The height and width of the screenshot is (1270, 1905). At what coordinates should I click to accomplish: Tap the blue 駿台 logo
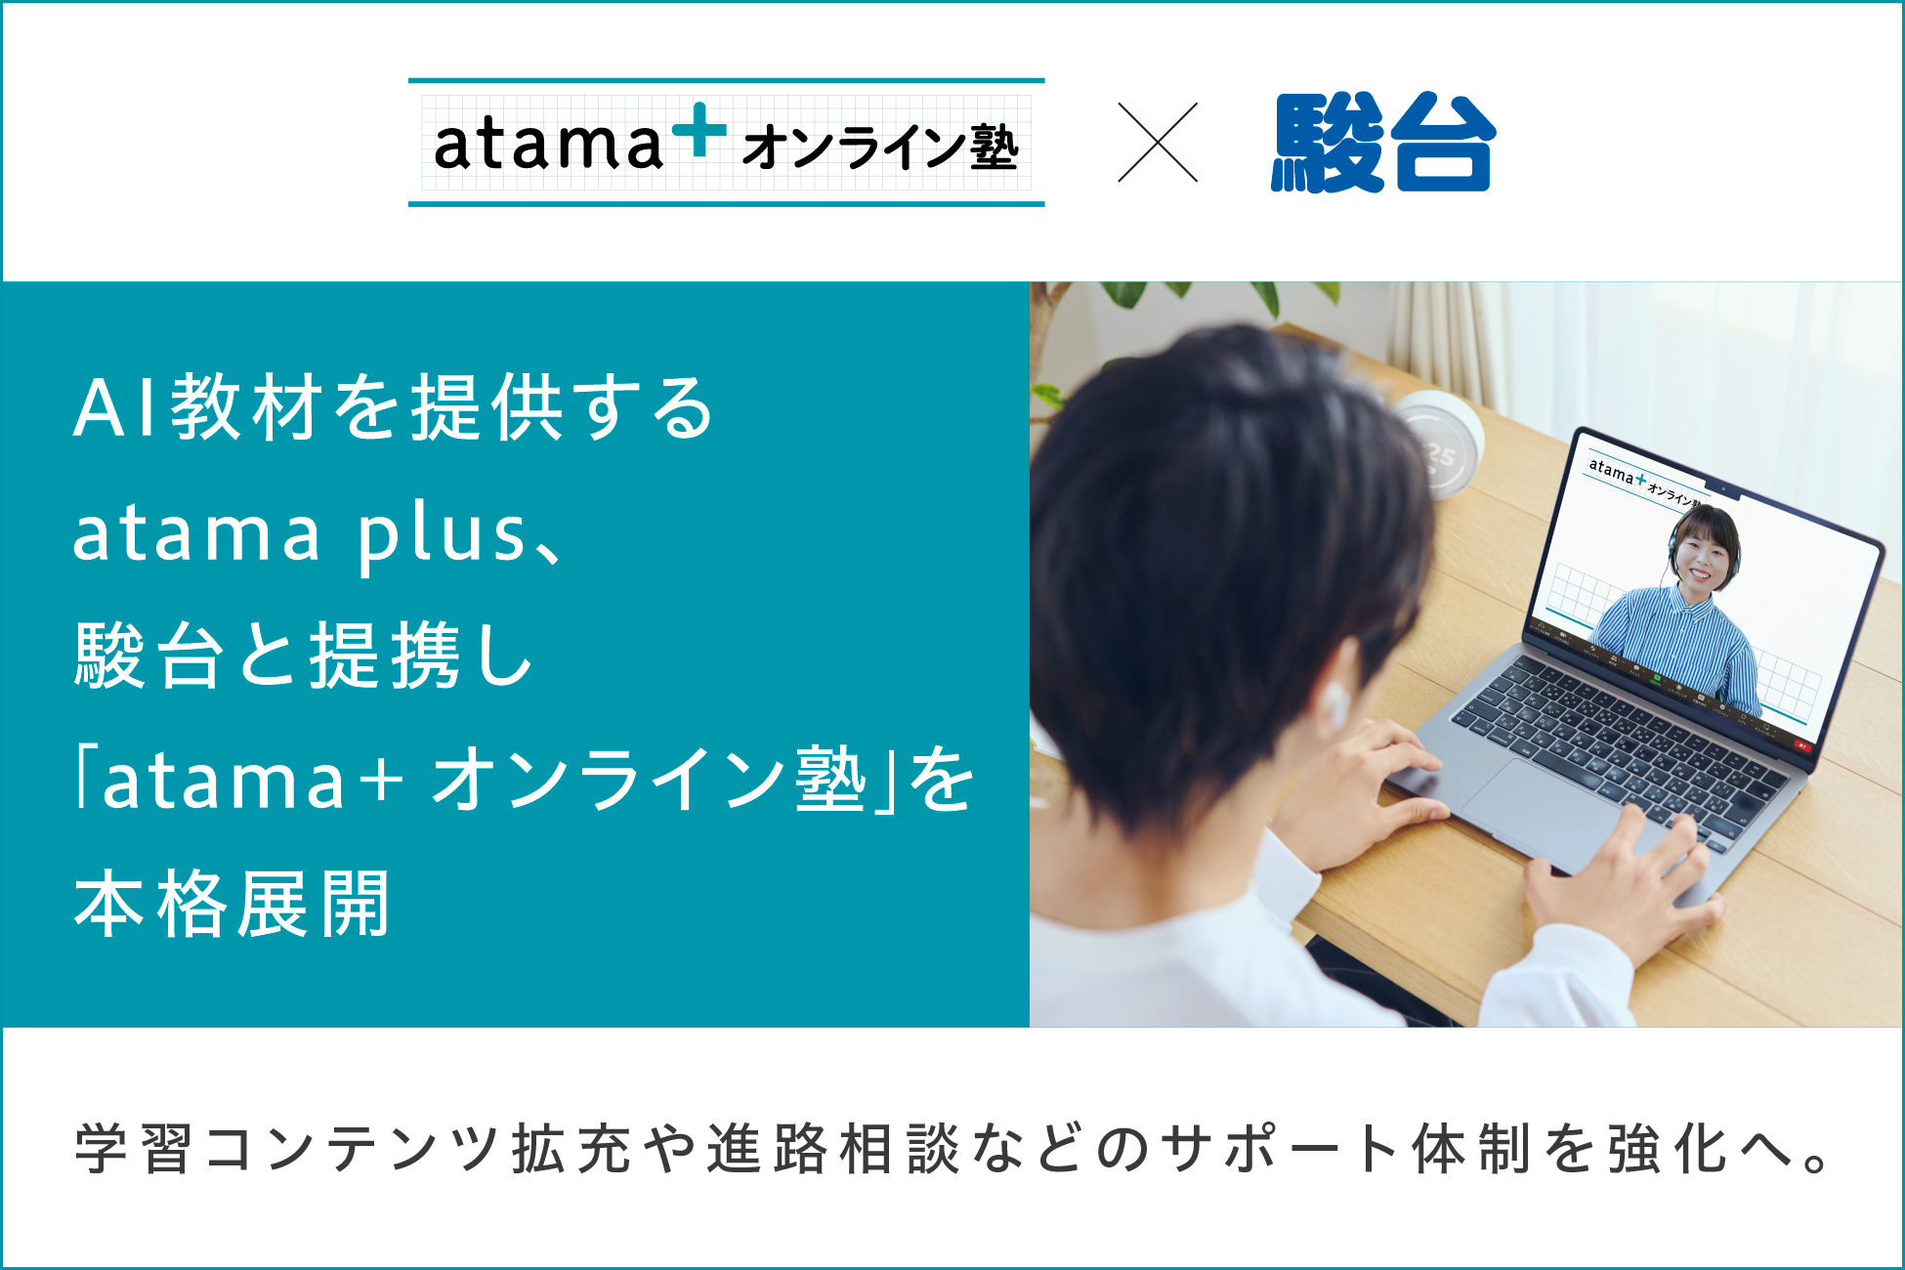[1383, 143]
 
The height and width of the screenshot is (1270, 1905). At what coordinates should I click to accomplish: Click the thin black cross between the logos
[1158, 143]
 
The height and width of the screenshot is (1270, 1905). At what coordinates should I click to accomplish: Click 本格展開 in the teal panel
[233, 904]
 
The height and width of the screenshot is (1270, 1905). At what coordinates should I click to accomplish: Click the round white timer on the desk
[1436, 444]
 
